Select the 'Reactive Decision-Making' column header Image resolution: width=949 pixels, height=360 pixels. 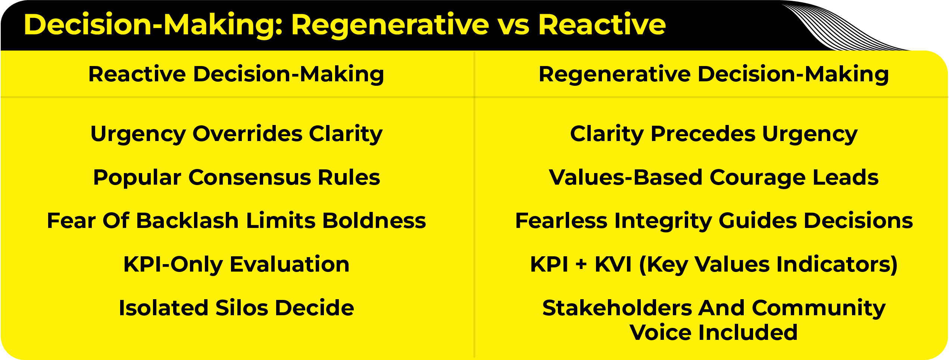click(236, 74)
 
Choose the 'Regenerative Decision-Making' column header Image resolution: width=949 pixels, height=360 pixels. click(714, 74)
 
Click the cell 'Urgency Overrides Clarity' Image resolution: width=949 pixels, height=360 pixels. click(237, 134)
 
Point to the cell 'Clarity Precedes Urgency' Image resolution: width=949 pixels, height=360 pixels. click(714, 134)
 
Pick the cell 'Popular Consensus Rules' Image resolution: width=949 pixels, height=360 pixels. click(237, 178)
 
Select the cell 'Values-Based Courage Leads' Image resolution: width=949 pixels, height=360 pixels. click(714, 178)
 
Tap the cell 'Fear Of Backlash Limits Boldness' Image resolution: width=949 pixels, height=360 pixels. click(237, 220)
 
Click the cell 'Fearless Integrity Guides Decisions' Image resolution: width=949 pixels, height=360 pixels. click(714, 221)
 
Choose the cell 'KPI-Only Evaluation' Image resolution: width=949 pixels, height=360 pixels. click(237, 265)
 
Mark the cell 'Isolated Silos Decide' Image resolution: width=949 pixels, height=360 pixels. click(237, 308)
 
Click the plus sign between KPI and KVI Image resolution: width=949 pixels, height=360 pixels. click(581, 265)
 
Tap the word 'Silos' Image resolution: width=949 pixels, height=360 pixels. click(242, 308)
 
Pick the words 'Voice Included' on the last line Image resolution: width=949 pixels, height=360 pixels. click(714, 332)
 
